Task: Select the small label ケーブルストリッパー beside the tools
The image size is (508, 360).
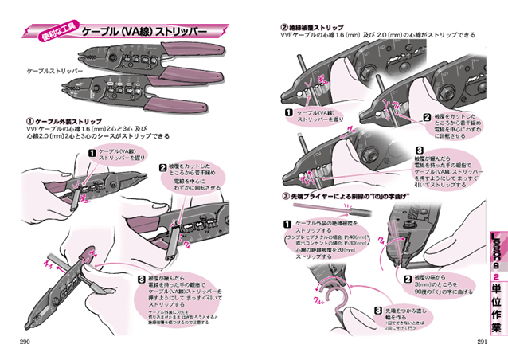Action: [x=53, y=70]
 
